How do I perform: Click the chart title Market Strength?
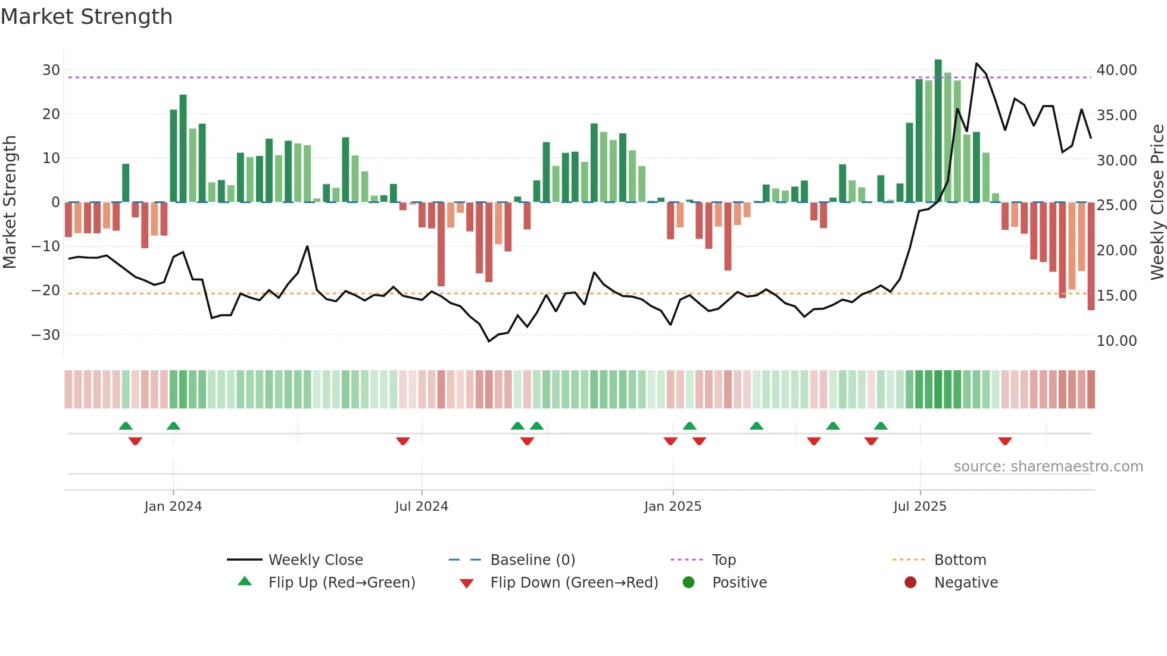tap(86, 17)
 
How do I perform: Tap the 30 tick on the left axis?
tap(51, 70)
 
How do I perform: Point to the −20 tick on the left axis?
tap(46, 290)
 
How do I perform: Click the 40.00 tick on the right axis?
tap(1116, 70)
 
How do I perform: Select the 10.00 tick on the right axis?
tap(1116, 341)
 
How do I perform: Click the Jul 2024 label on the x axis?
tap(421, 507)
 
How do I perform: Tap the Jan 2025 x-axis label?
tap(672, 507)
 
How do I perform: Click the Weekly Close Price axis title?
tap(1157, 202)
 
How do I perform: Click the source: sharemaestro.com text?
tap(1048, 467)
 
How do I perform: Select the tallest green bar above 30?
tap(938, 131)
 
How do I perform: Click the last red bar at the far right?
tap(1091, 256)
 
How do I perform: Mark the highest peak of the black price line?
tap(976, 64)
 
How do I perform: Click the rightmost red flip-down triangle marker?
tap(1005, 441)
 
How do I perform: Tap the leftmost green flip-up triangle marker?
tap(126, 426)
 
